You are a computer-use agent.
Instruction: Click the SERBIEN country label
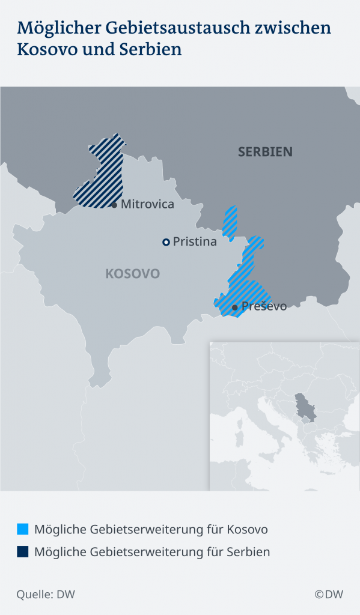pos(265,151)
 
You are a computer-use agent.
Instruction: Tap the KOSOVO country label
pos(132,274)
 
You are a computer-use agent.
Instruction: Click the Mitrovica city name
pos(147,204)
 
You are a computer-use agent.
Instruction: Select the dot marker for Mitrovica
pos(114,205)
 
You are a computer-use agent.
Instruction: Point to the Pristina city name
pos(194,242)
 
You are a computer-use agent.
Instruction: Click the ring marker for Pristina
pos(165,242)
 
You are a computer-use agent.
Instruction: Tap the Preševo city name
pos(264,306)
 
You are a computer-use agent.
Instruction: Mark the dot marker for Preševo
pos(235,307)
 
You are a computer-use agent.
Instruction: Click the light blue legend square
pos(23,529)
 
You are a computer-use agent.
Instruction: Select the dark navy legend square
pos(23,551)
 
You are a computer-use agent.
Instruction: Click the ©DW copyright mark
pos(328,595)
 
